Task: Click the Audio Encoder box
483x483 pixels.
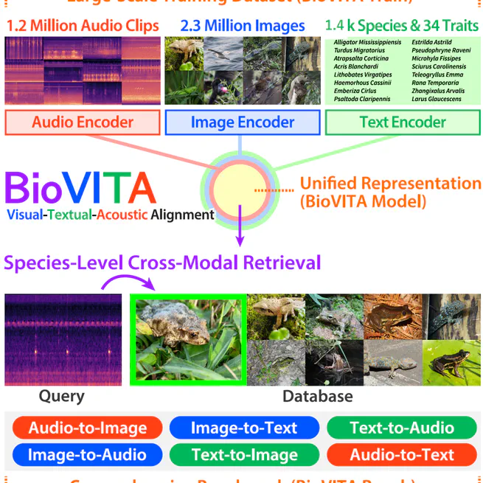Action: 83,122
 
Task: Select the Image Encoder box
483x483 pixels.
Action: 243,122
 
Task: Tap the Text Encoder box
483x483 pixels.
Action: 403,122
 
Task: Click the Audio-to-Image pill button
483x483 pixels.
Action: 88,428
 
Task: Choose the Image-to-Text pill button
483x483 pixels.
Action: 244,428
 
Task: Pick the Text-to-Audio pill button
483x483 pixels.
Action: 402,428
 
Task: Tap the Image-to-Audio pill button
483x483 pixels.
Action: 88,454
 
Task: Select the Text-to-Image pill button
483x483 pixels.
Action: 244,454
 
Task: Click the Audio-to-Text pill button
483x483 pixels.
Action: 402,454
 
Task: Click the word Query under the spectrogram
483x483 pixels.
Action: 61,396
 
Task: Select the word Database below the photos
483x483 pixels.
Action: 317,396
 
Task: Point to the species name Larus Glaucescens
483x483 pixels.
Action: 437,99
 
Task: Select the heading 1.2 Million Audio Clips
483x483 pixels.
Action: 83,26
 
